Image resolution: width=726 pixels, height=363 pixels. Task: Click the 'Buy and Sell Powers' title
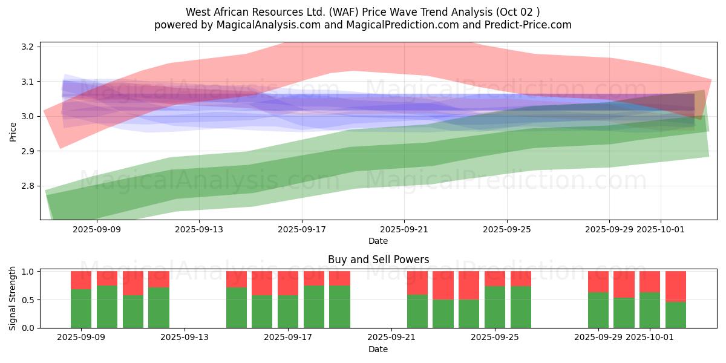(378, 260)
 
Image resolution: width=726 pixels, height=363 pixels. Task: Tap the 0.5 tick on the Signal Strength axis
(28, 299)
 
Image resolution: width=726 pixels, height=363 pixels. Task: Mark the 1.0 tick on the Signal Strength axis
(28, 272)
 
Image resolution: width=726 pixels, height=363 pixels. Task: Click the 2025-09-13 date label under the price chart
(199, 229)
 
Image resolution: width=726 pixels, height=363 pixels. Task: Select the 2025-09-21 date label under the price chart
(404, 229)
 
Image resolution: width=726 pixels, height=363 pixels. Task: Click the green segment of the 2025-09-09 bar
(81, 309)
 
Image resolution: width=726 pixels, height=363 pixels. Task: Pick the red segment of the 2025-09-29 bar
(598, 281)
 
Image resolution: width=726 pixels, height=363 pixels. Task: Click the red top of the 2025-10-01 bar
(650, 281)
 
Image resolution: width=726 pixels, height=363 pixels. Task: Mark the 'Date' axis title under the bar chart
(378, 349)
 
